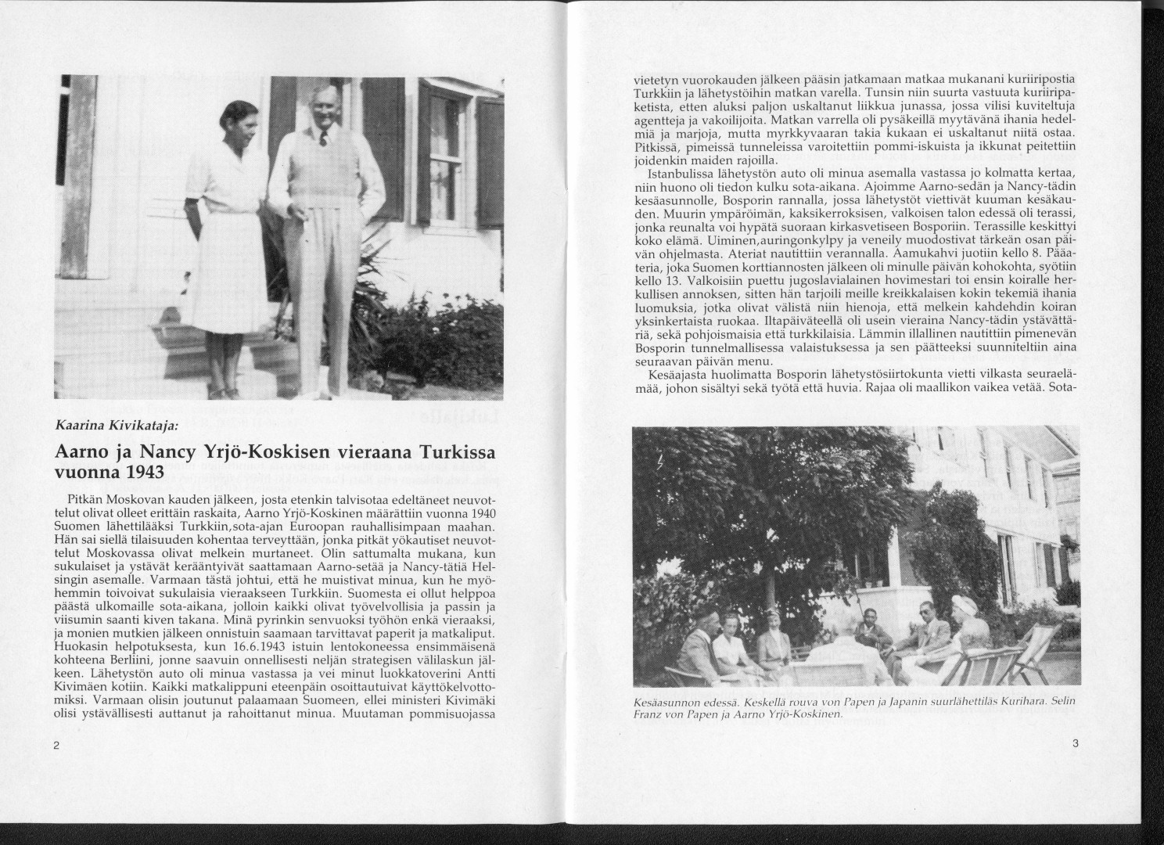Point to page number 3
[1076, 744]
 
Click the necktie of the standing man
[322, 139]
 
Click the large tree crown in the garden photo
[782, 493]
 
